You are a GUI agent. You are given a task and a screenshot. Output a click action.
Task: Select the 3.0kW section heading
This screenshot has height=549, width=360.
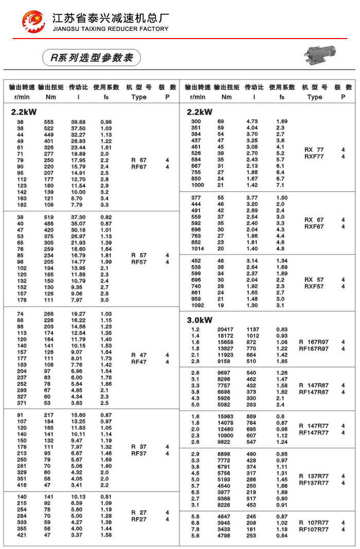[x=200, y=320]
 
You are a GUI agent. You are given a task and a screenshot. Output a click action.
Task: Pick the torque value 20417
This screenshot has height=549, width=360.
[x=226, y=330]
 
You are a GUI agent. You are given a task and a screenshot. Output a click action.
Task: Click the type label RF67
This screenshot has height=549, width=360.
[x=139, y=167]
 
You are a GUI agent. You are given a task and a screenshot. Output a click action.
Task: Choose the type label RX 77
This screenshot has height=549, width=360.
[x=314, y=150]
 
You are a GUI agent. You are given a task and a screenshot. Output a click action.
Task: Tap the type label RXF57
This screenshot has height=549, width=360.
[x=314, y=286]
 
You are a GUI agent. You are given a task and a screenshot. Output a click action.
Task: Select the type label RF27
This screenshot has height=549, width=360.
[x=139, y=519]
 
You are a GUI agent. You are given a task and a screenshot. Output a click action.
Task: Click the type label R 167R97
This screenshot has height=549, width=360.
[x=314, y=342]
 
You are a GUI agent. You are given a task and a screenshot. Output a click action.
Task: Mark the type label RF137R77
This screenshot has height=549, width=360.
[x=314, y=483]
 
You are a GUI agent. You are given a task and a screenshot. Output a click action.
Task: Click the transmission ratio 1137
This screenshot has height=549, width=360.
[x=253, y=330]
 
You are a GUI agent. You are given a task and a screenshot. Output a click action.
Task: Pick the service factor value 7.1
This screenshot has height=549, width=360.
[x=280, y=185]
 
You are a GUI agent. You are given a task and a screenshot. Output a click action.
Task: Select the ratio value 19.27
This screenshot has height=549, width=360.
[x=78, y=314]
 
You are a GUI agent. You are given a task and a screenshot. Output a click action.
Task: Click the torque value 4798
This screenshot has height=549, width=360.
[x=227, y=536]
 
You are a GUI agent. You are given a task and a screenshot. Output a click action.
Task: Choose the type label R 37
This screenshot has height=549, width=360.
[x=139, y=447]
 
